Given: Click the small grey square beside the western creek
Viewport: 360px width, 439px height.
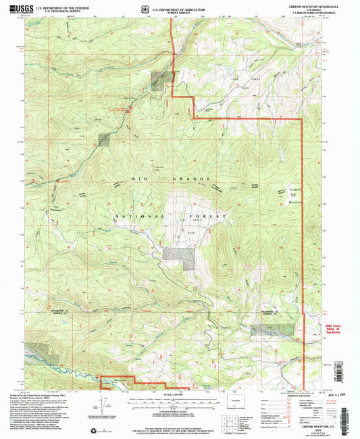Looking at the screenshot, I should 103,140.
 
